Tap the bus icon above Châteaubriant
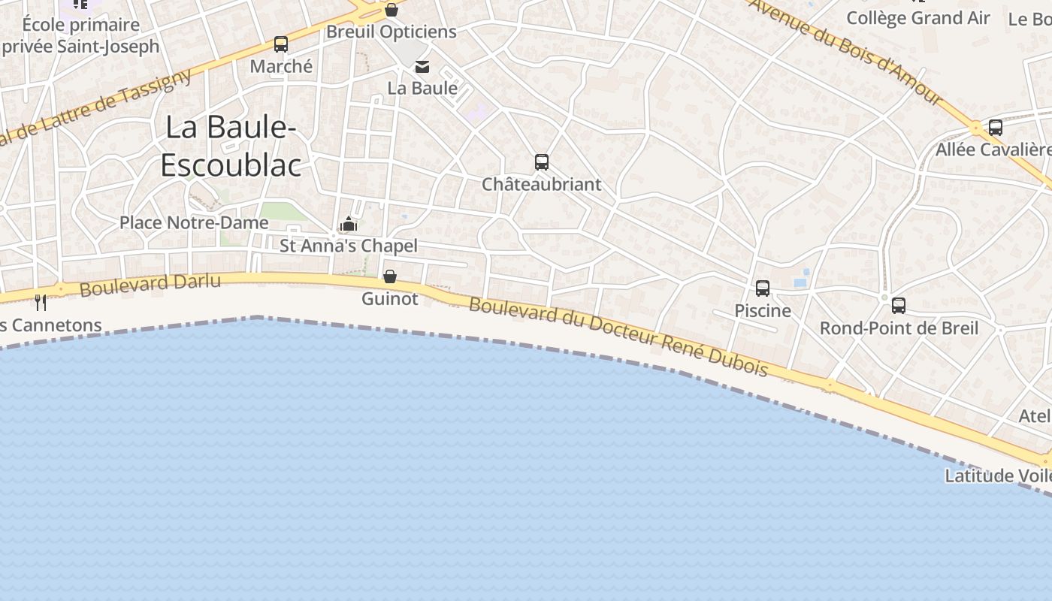[x=541, y=162]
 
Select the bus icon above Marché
[x=281, y=44]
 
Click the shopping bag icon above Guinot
[x=390, y=276]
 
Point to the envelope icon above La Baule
[x=422, y=67]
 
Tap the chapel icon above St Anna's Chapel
[x=348, y=224]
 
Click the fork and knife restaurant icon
[x=41, y=303]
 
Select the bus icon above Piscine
[x=763, y=288]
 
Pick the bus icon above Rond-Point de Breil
[x=899, y=306]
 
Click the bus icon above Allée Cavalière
[x=996, y=128]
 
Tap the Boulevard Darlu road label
[x=150, y=285]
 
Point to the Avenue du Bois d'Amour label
[x=845, y=51]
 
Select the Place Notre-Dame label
[x=194, y=222]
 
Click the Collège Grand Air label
[x=918, y=18]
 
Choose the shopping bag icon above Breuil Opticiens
[x=391, y=10]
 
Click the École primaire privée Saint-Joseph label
[x=80, y=35]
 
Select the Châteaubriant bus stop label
[x=541, y=184]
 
